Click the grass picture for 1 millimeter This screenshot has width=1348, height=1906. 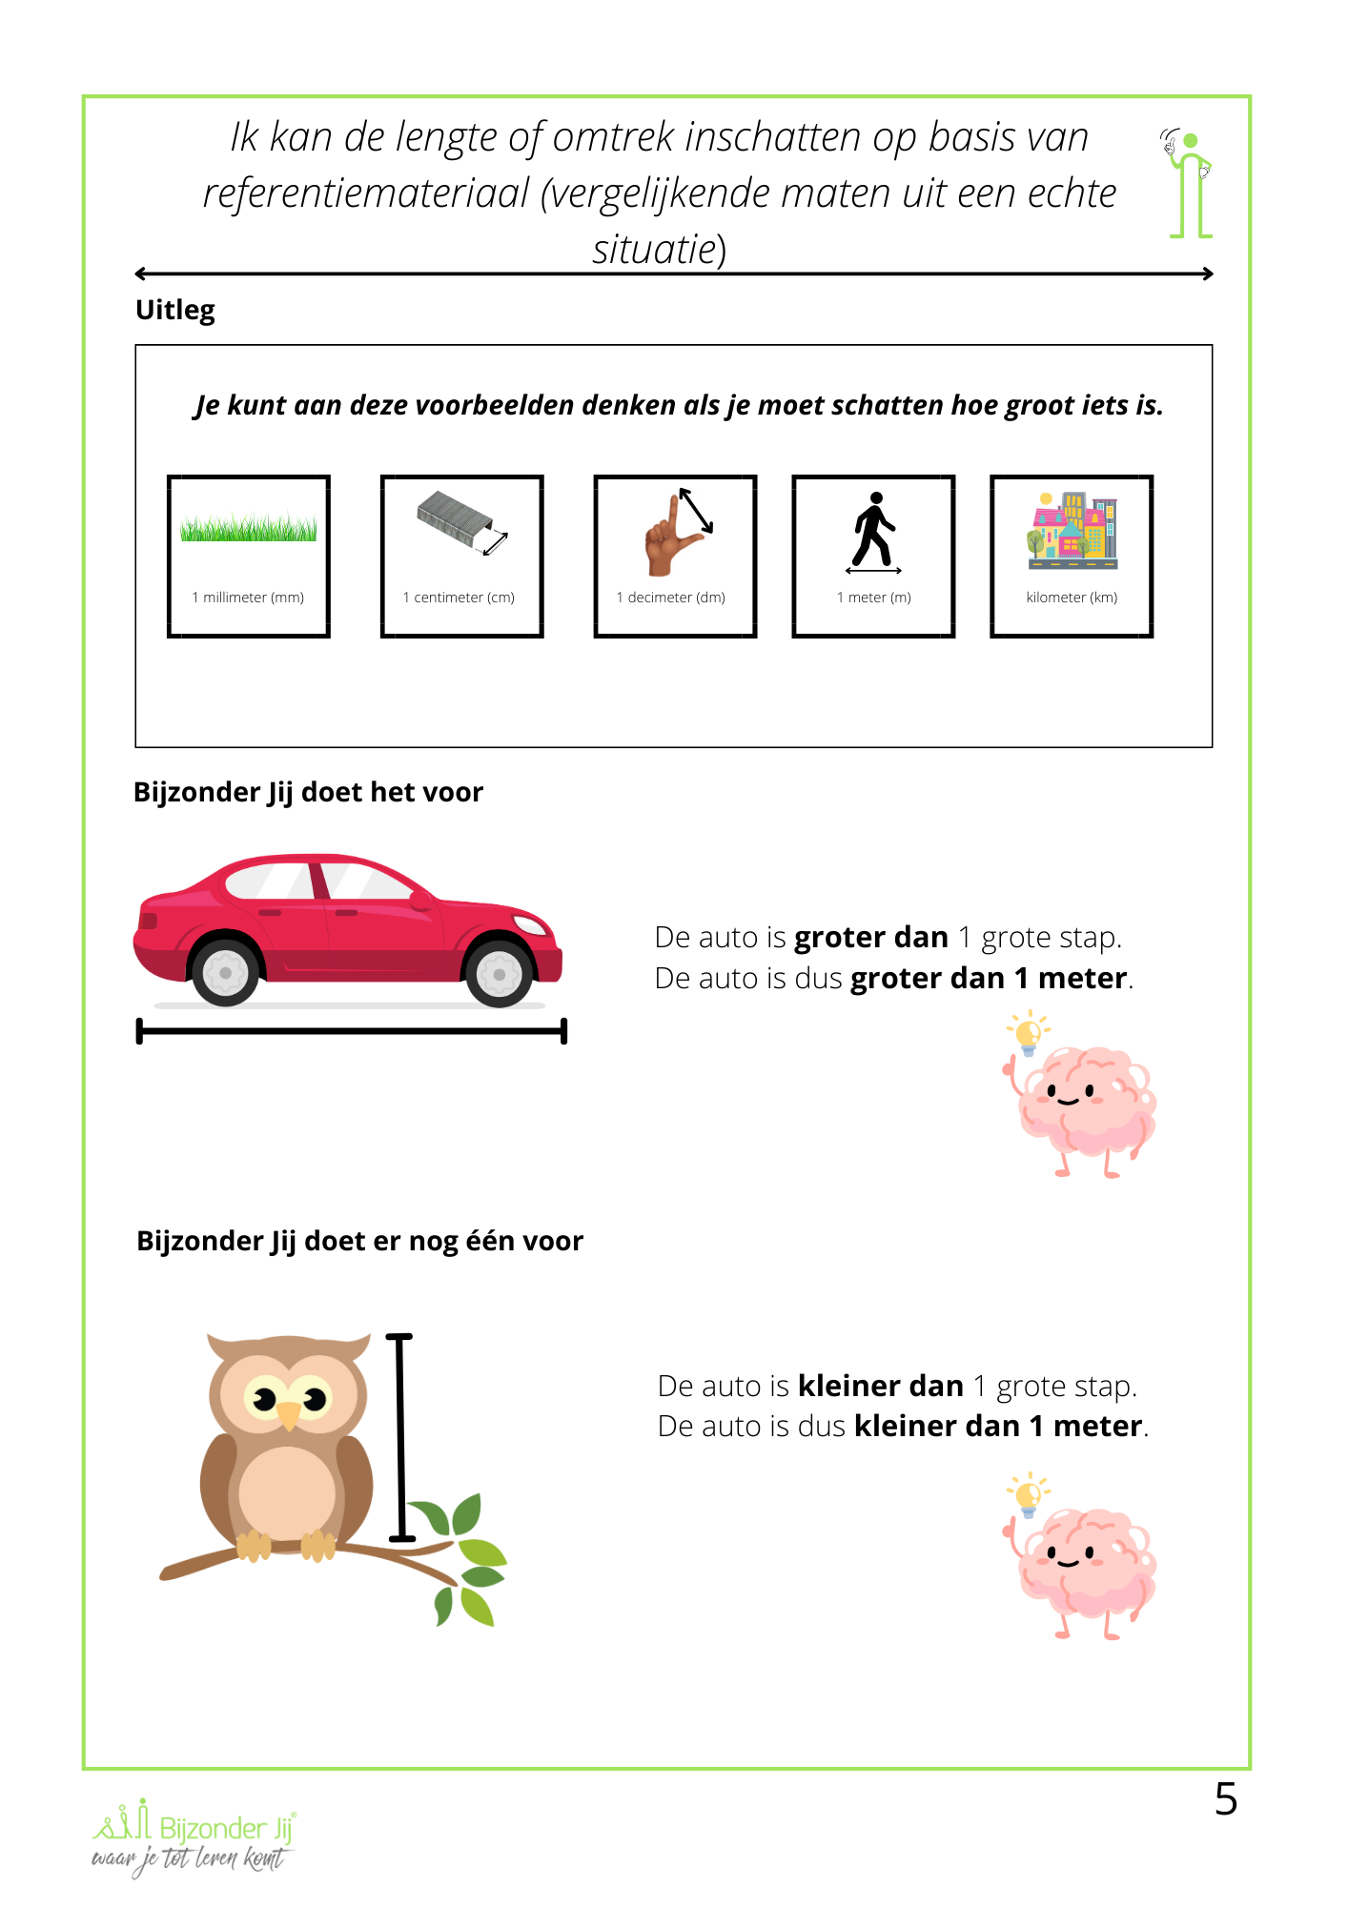coord(248,528)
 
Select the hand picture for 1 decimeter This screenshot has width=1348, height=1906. coord(676,533)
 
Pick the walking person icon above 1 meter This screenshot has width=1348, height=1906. coord(874,531)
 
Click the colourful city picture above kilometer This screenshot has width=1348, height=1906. coord(1072,531)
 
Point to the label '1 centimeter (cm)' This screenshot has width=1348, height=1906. coord(459,598)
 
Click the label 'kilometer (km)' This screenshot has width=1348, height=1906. coord(1072,598)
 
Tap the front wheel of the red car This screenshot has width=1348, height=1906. coord(499,974)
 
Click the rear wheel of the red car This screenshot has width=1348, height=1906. coord(226,973)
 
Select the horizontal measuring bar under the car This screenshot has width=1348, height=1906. coord(352,1031)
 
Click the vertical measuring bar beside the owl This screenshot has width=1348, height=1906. coord(400,1437)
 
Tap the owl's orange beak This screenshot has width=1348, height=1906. coord(288,1415)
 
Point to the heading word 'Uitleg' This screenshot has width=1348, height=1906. coord(175,311)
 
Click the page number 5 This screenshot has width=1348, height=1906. coord(1226,1799)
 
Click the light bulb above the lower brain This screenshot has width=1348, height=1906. coord(1029,1494)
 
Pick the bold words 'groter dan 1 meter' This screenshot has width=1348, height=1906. coord(989,979)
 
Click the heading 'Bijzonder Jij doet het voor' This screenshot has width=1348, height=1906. coord(308,793)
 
